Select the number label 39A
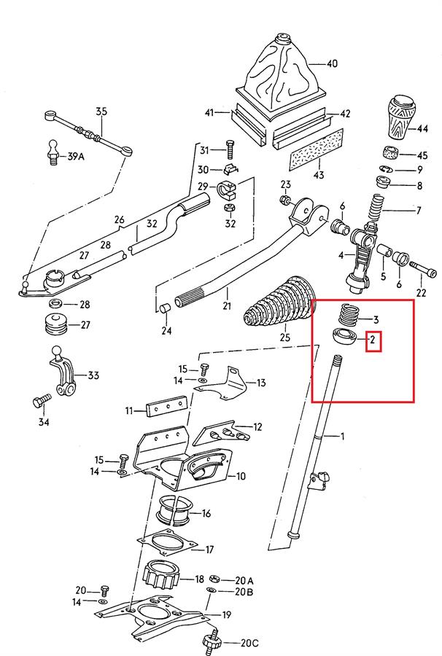coord(76,157)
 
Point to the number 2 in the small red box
coord(373,340)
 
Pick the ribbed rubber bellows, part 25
coord(281,306)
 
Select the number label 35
coord(101,112)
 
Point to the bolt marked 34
coord(41,401)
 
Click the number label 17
coord(209,550)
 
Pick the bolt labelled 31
coord(230,149)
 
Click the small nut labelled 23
coord(285,199)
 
